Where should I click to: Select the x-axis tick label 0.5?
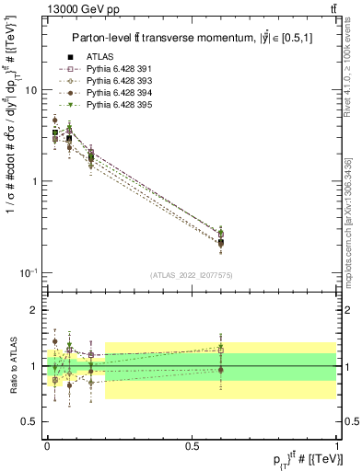[x=192, y=446]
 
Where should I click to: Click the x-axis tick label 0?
[x=47, y=446]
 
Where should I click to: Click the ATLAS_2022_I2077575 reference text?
[x=191, y=275]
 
